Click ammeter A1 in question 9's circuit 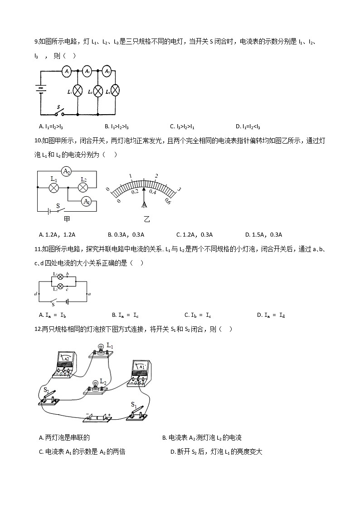click(66, 71)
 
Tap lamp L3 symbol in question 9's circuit click(116, 90)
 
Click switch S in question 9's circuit click(58, 111)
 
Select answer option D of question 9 click(248, 126)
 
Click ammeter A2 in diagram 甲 click(67, 171)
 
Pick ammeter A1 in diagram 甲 click(86, 202)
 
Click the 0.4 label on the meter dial click(152, 192)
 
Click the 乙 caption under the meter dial click(146, 220)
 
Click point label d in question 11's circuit click(36, 295)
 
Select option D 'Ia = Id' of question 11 click(270, 315)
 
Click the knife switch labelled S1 click(136, 412)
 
